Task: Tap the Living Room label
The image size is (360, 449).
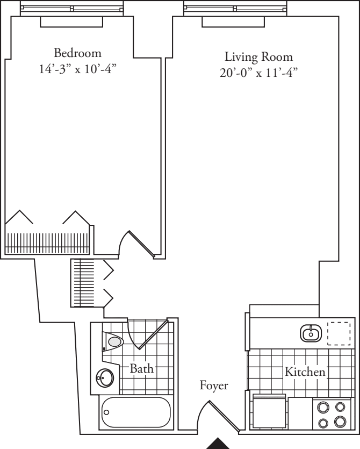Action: [258, 56]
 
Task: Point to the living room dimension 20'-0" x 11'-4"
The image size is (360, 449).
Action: [258, 73]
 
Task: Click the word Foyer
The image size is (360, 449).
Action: [214, 385]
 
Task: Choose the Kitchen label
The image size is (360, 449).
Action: [305, 372]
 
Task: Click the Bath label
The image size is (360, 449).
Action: [142, 369]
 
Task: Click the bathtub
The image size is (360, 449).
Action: [136, 412]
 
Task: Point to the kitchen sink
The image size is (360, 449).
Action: [310, 333]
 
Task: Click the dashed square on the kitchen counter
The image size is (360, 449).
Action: [339, 333]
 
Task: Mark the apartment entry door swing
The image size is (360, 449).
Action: [218, 417]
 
